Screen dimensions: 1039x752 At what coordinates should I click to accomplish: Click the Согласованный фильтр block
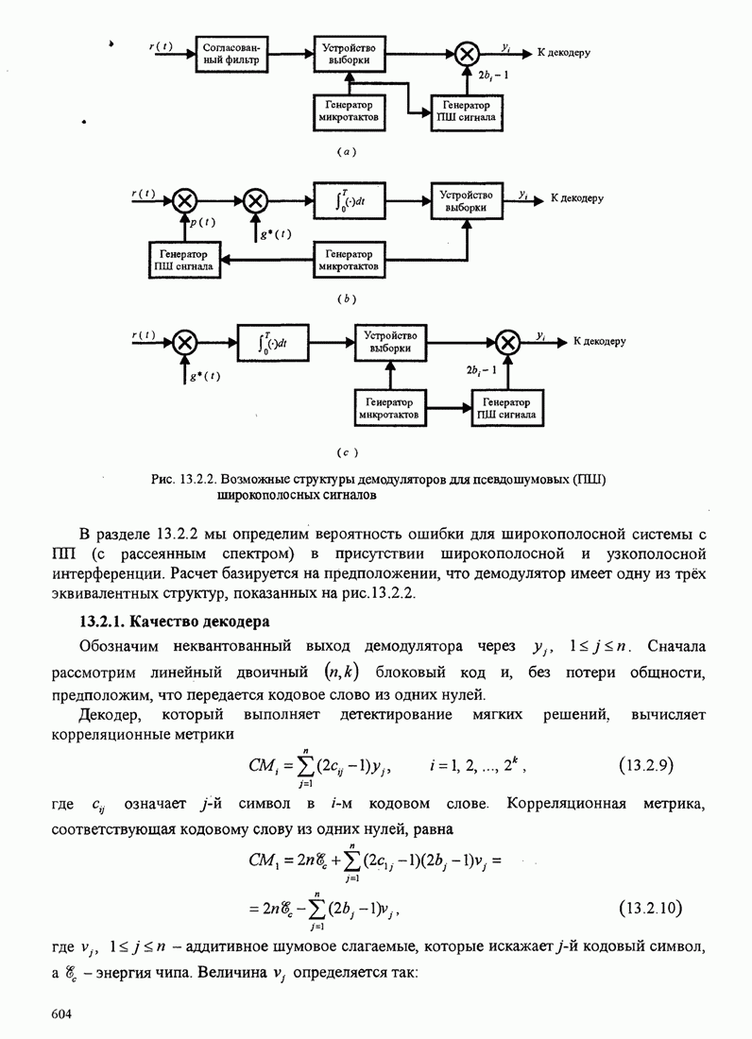click(x=231, y=53)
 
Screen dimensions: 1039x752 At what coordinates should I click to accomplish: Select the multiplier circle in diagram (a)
click(x=465, y=54)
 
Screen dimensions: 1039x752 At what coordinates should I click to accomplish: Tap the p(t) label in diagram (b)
click(x=202, y=223)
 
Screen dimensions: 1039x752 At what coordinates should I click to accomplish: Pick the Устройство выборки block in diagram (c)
click(x=391, y=341)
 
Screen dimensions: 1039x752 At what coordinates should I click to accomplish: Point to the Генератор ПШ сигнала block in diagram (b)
click(x=185, y=261)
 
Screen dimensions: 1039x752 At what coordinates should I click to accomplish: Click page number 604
click(x=62, y=1013)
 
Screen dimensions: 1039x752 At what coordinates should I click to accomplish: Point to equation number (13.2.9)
click(x=649, y=763)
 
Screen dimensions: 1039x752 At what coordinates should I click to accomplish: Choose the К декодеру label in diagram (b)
click(x=575, y=200)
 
